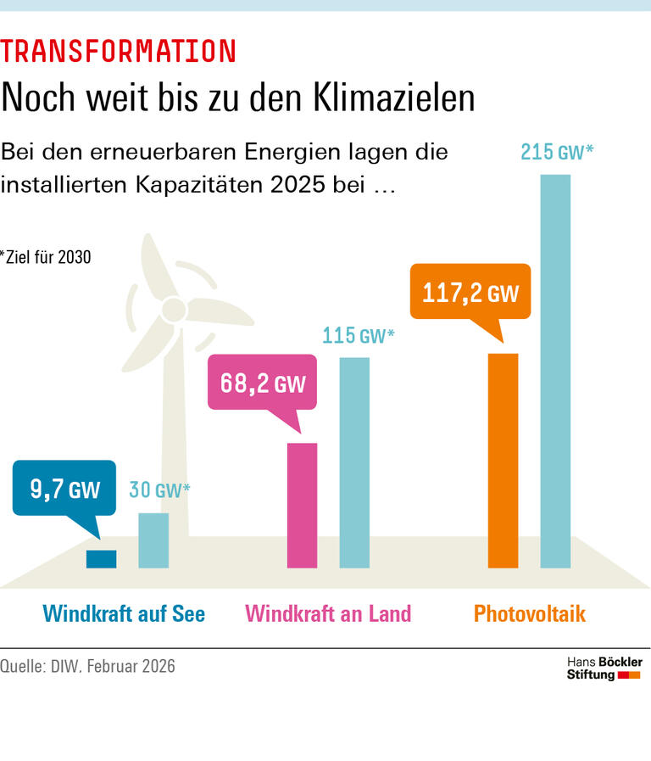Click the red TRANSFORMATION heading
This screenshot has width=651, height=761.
119,52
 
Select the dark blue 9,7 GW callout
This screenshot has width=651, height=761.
64,489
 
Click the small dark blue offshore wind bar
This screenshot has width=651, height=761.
101,558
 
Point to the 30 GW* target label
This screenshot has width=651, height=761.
159,490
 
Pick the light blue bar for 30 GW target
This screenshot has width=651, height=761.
153,540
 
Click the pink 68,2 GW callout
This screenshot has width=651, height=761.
263,383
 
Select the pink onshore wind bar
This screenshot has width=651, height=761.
302,505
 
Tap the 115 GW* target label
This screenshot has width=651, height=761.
359,335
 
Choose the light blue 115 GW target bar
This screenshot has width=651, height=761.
354,462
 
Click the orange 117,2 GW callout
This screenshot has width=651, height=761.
470,294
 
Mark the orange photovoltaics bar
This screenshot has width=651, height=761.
503,460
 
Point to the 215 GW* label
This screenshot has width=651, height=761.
557,153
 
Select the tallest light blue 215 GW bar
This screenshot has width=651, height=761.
555,371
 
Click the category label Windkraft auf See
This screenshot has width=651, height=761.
124,613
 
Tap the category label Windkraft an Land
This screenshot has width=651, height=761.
328,613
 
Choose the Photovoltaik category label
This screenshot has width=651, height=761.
529,613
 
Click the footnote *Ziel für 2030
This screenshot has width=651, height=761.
46,257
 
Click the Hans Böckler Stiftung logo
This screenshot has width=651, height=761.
604,668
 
